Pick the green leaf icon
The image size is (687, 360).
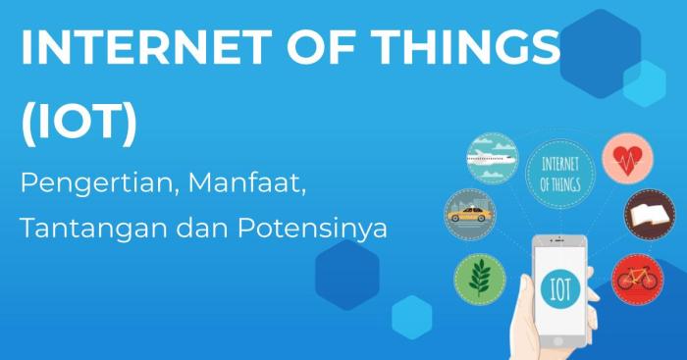point(480,278)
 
